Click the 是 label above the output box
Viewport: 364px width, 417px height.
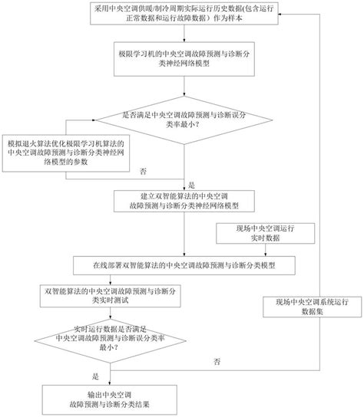click(96, 376)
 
